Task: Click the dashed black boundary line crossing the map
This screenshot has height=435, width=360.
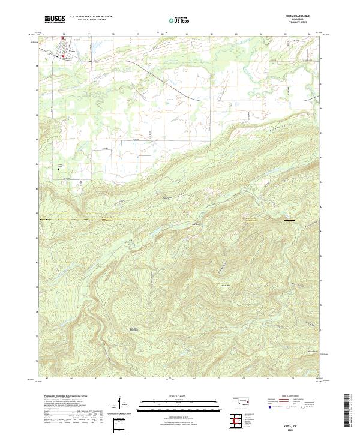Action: click(180, 220)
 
